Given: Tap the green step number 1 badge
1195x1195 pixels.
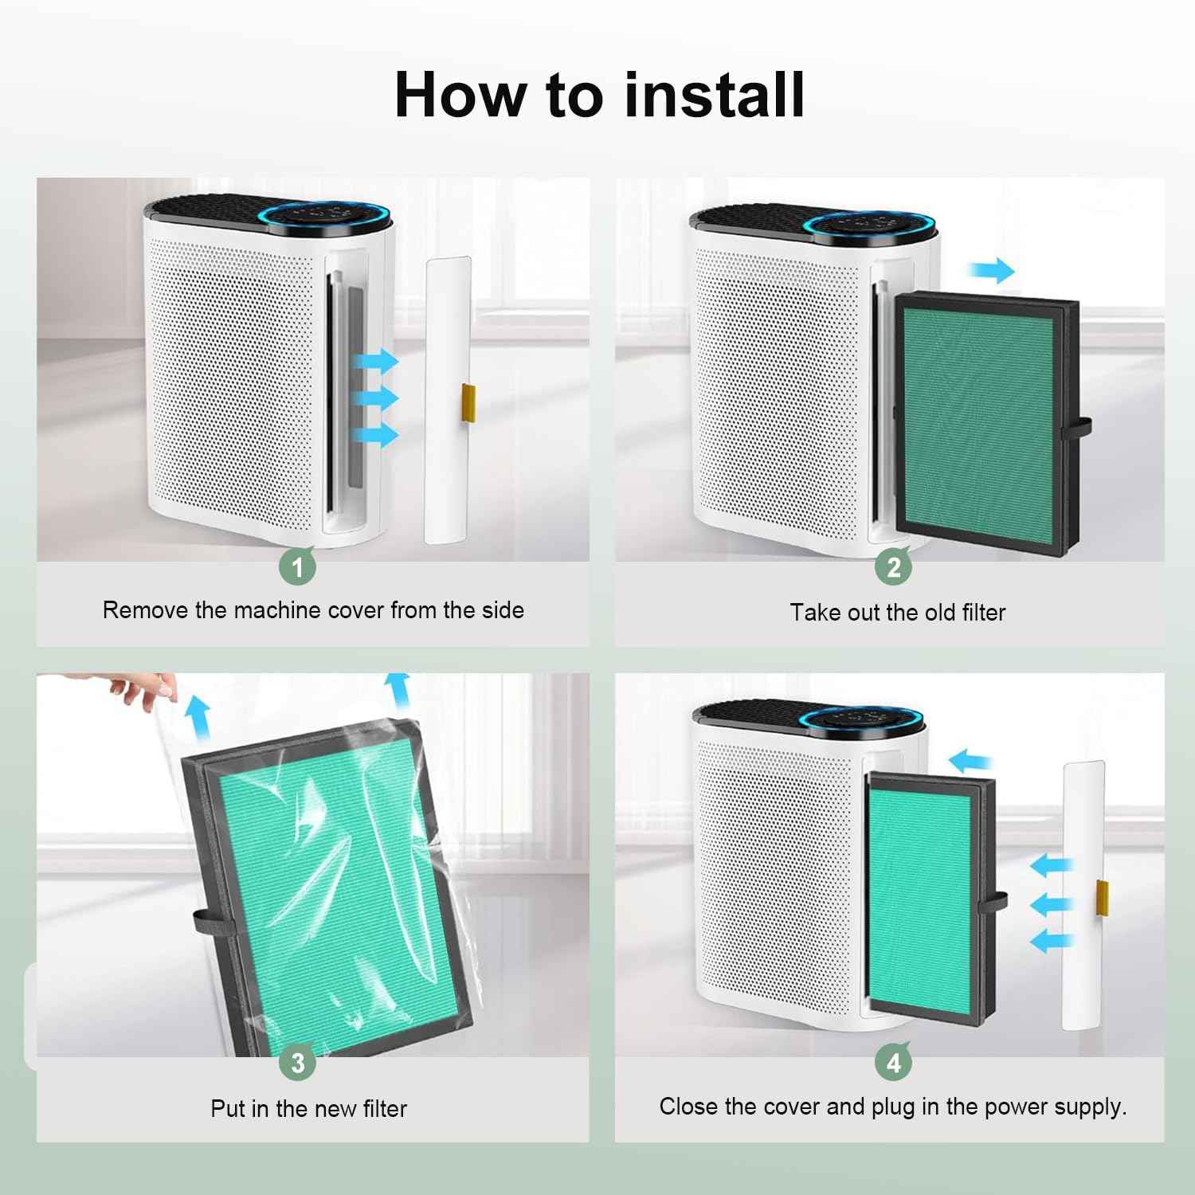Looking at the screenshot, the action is [298, 567].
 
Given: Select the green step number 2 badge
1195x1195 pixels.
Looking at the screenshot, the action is [894, 566].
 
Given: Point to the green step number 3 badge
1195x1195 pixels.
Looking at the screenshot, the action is [298, 1063].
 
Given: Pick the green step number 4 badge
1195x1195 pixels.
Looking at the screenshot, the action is [894, 1063].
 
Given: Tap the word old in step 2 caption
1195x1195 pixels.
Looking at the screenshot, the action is [938, 612].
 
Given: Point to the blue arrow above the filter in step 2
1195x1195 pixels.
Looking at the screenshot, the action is [991, 270].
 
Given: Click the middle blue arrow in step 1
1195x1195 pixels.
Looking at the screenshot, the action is [376, 398].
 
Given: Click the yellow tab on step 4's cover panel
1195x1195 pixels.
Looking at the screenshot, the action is [1104, 897].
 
